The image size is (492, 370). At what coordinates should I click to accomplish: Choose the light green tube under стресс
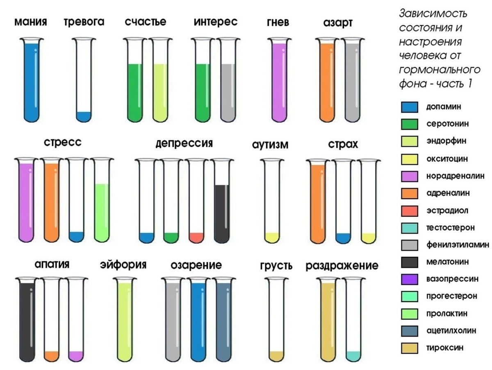(101, 201)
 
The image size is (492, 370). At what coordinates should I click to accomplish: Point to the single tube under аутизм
(271, 201)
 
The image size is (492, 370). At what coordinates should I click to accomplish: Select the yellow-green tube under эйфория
(124, 320)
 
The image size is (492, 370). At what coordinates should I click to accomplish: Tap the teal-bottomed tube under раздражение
(353, 320)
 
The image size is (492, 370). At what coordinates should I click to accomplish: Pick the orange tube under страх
(318, 201)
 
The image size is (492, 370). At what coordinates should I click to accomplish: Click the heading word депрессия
(184, 143)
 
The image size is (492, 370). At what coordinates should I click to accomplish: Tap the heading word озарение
(196, 265)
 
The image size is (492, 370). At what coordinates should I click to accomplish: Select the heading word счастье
(146, 22)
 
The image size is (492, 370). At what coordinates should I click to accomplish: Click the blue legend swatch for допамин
(409, 107)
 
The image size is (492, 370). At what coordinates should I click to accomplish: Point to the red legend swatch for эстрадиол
(409, 211)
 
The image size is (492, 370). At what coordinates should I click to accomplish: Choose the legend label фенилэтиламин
(458, 245)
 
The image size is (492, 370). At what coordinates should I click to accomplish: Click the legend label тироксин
(445, 347)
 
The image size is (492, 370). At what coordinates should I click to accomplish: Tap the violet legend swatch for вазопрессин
(409, 279)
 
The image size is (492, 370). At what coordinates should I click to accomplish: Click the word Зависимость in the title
(433, 14)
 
